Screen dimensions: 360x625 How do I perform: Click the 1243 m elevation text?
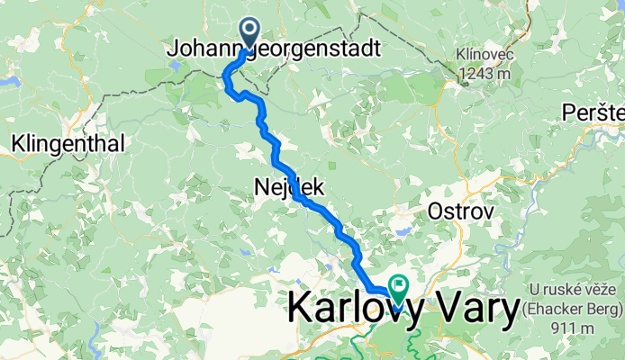(x=485, y=74)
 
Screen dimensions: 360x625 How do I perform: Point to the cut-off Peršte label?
(x=594, y=112)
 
